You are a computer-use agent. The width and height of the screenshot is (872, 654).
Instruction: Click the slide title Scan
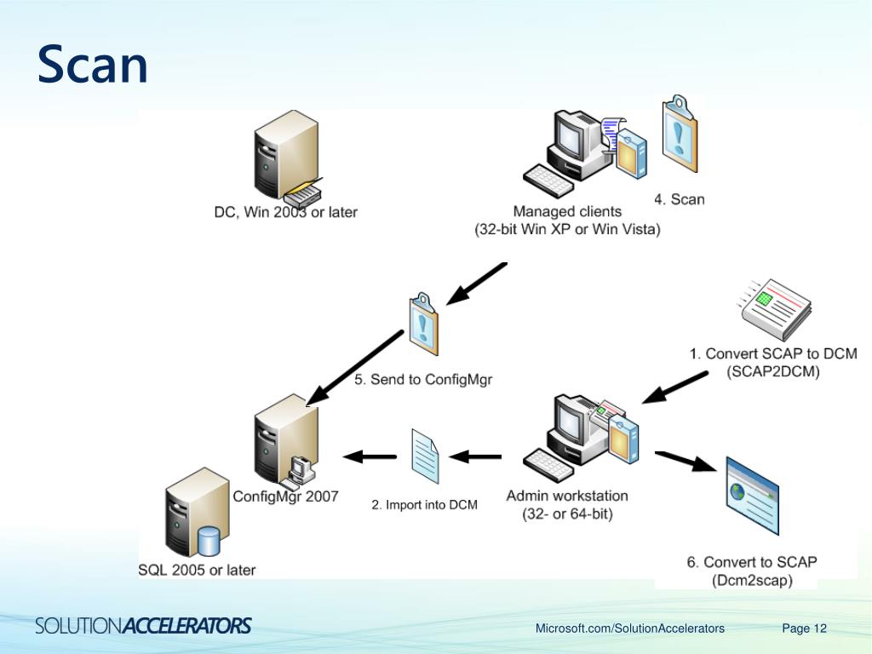coord(92,65)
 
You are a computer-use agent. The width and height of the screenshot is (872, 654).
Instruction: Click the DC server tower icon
coord(286,155)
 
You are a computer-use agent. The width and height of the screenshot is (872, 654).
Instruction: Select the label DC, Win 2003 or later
coord(285,212)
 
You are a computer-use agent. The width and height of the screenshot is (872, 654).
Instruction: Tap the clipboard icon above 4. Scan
coord(680,134)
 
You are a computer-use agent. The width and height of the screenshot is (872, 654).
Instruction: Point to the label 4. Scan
coord(679,199)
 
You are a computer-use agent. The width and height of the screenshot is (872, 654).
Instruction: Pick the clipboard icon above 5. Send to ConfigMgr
coord(423,324)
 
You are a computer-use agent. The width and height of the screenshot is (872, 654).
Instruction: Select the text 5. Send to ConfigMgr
coord(423,379)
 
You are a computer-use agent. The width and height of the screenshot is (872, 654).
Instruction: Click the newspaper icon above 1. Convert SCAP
coord(777,309)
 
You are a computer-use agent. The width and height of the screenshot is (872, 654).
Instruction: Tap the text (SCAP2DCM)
coord(773,371)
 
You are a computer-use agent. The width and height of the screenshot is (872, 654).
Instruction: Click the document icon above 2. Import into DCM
coord(425,456)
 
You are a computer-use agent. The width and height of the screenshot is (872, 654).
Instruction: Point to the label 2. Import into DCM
coord(424,505)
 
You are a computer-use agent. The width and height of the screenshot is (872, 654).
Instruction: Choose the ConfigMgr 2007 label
coord(285,496)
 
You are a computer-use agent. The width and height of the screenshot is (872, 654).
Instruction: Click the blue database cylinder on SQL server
coord(209,541)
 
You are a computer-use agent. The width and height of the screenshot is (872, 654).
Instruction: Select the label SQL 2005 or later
coord(197,570)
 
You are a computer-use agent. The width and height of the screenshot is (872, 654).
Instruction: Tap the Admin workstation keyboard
coord(549,465)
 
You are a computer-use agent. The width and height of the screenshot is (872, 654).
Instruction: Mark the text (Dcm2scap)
coord(752,581)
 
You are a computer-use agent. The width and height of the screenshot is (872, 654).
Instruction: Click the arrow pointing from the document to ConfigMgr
coord(370,456)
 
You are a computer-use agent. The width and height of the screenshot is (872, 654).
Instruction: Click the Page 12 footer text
coord(804,628)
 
